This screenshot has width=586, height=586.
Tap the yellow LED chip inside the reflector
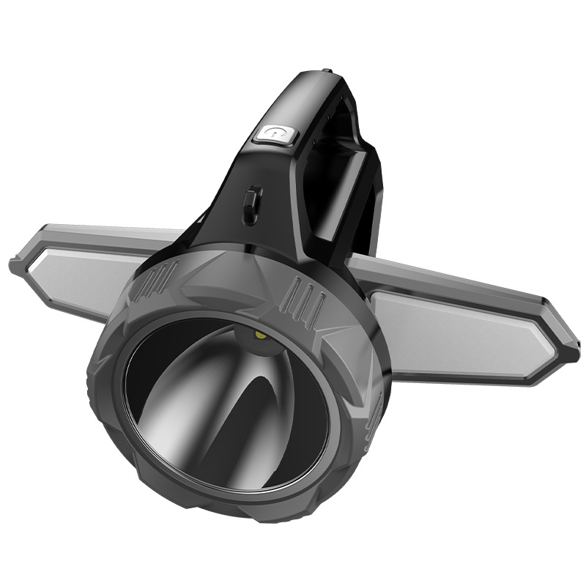point(261,335)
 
